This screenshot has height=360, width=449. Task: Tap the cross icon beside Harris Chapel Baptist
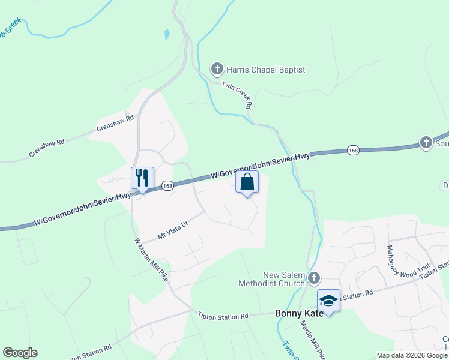(x=217, y=70)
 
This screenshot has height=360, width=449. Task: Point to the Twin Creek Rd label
(x=236, y=94)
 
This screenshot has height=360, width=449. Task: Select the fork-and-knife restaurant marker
(x=142, y=178)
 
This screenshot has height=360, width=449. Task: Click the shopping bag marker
(x=247, y=182)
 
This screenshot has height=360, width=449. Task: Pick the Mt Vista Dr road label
(x=173, y=229)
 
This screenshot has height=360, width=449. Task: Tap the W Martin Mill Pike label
(x=151, y=259)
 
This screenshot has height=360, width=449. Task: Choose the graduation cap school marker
(x=328, y=300)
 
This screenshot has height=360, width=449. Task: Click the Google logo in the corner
(x=20, y=353)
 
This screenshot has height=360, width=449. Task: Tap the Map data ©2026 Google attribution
(x=412, y=355)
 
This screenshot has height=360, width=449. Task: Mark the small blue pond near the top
(x=166, y=34)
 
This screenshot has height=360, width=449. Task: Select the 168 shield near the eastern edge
(x=353, y=150)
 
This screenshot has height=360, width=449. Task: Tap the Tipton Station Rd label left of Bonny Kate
(x=223, y=316)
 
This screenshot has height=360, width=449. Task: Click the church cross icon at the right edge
(x=426, y=143)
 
